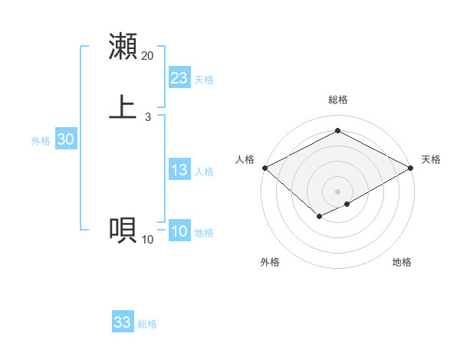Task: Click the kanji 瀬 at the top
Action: (x=123, y=46)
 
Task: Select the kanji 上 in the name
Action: (x=123, y=106)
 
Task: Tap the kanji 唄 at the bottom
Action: (x=123, y=230)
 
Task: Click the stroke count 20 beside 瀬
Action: (x=147, y=56)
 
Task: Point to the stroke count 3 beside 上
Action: (x=147, y=117)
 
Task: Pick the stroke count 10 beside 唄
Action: (x=147, y=240)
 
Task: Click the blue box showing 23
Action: (x=179, y=78)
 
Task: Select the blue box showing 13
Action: (x=179, y=170)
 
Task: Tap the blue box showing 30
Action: (x=66, y=139)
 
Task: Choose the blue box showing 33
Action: (x=123, y=322)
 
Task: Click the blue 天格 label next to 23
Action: (x=204, y=80)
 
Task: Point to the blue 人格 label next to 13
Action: (x=204, y=172)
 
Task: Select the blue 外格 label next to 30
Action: (x=41, y=141)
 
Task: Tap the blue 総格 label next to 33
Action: (x=147, y=324)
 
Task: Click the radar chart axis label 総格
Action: (x=337, y=100)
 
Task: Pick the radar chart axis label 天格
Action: (x=431, y=159)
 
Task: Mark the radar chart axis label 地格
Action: (x=402, y=262)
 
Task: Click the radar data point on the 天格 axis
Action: (x=412, y=168)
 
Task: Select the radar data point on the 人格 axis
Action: (x=264, y=168)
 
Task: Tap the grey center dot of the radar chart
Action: (x=337, y=191)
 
